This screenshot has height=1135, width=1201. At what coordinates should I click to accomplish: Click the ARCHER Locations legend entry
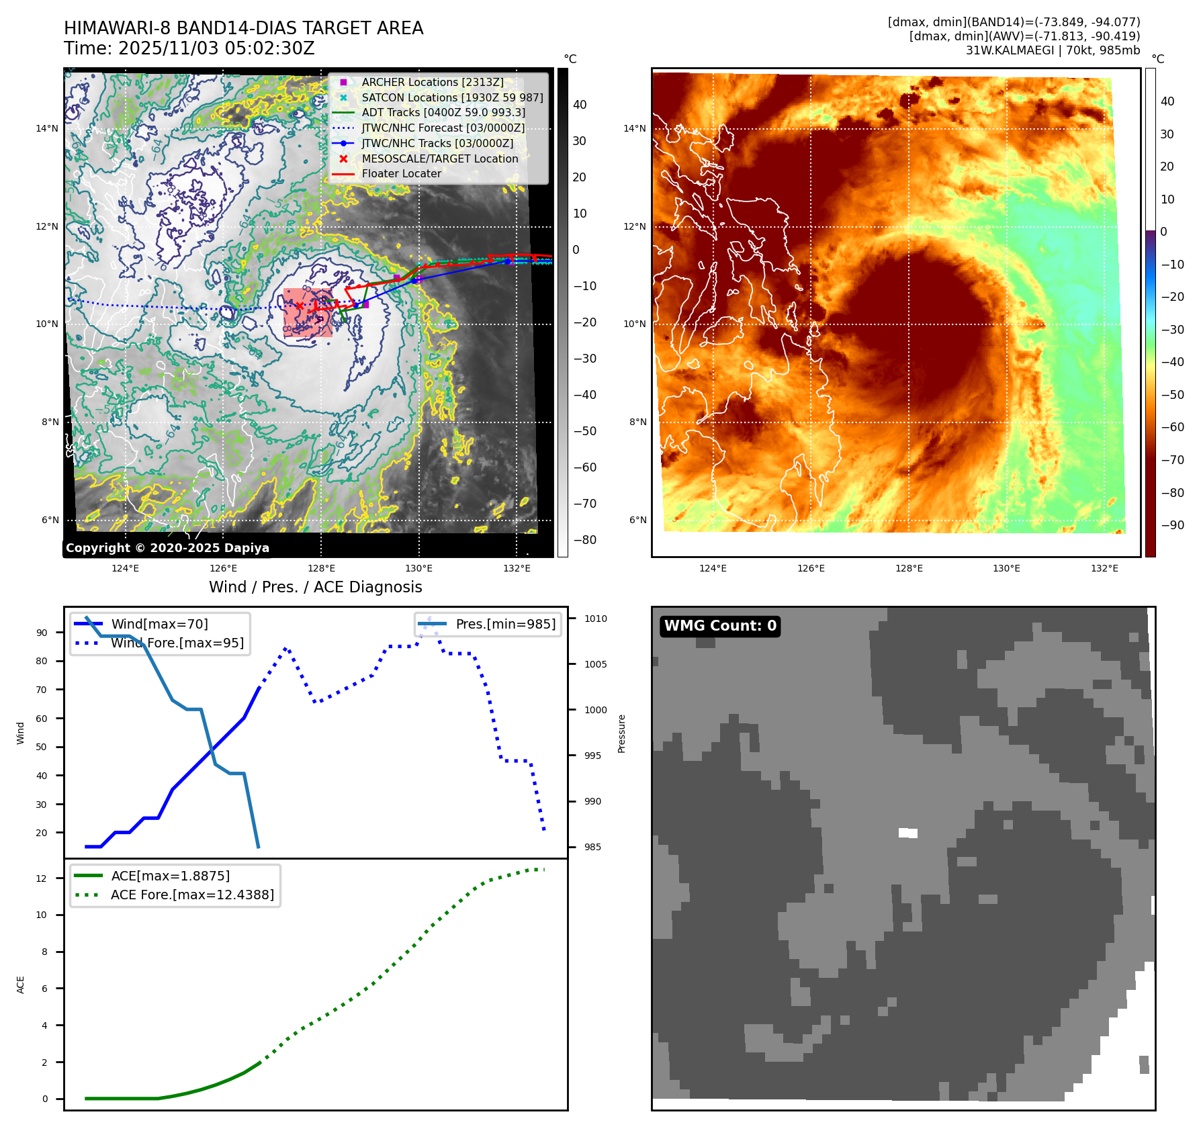[x=432, y=82]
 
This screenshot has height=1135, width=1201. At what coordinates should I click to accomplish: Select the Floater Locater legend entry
[x=401, y=173]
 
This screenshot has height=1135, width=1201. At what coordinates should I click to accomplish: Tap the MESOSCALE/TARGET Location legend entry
[x=439, y=158]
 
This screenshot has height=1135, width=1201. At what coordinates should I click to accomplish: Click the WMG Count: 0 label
[x=720, y=626]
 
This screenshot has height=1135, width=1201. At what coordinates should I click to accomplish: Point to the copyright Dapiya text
[x=167, y=548]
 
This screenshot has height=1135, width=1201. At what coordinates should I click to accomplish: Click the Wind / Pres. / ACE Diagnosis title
[x=315, y=587]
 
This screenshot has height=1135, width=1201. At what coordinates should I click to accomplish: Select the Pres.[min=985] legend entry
[x=505, y=624]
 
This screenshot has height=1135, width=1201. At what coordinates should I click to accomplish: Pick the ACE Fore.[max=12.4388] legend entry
[x=192, y=895]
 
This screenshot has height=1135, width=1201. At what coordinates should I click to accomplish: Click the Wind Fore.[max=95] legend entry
[x=177, y=643]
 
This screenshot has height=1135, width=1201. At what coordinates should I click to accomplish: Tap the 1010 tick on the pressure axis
[x=595, y=619]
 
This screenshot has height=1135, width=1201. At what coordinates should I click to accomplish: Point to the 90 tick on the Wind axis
[x=42, y=633]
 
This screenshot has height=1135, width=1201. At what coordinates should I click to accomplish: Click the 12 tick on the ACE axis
[x=42, y=878]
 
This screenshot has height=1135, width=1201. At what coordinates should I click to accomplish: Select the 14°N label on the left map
[x=47, y=128]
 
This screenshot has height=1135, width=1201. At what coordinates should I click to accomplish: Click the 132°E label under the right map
[x=1104, y=568]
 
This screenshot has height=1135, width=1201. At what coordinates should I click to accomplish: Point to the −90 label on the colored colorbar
[x=1172, y=525]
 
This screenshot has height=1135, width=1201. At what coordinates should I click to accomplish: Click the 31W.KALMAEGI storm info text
[x=1053, y=50]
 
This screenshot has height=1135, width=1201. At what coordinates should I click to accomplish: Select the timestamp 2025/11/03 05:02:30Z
[x=216, y=48]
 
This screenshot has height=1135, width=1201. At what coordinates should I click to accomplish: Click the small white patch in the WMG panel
[x=908, y=833]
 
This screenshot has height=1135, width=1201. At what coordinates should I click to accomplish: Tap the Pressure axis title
[x=621, y=733]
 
